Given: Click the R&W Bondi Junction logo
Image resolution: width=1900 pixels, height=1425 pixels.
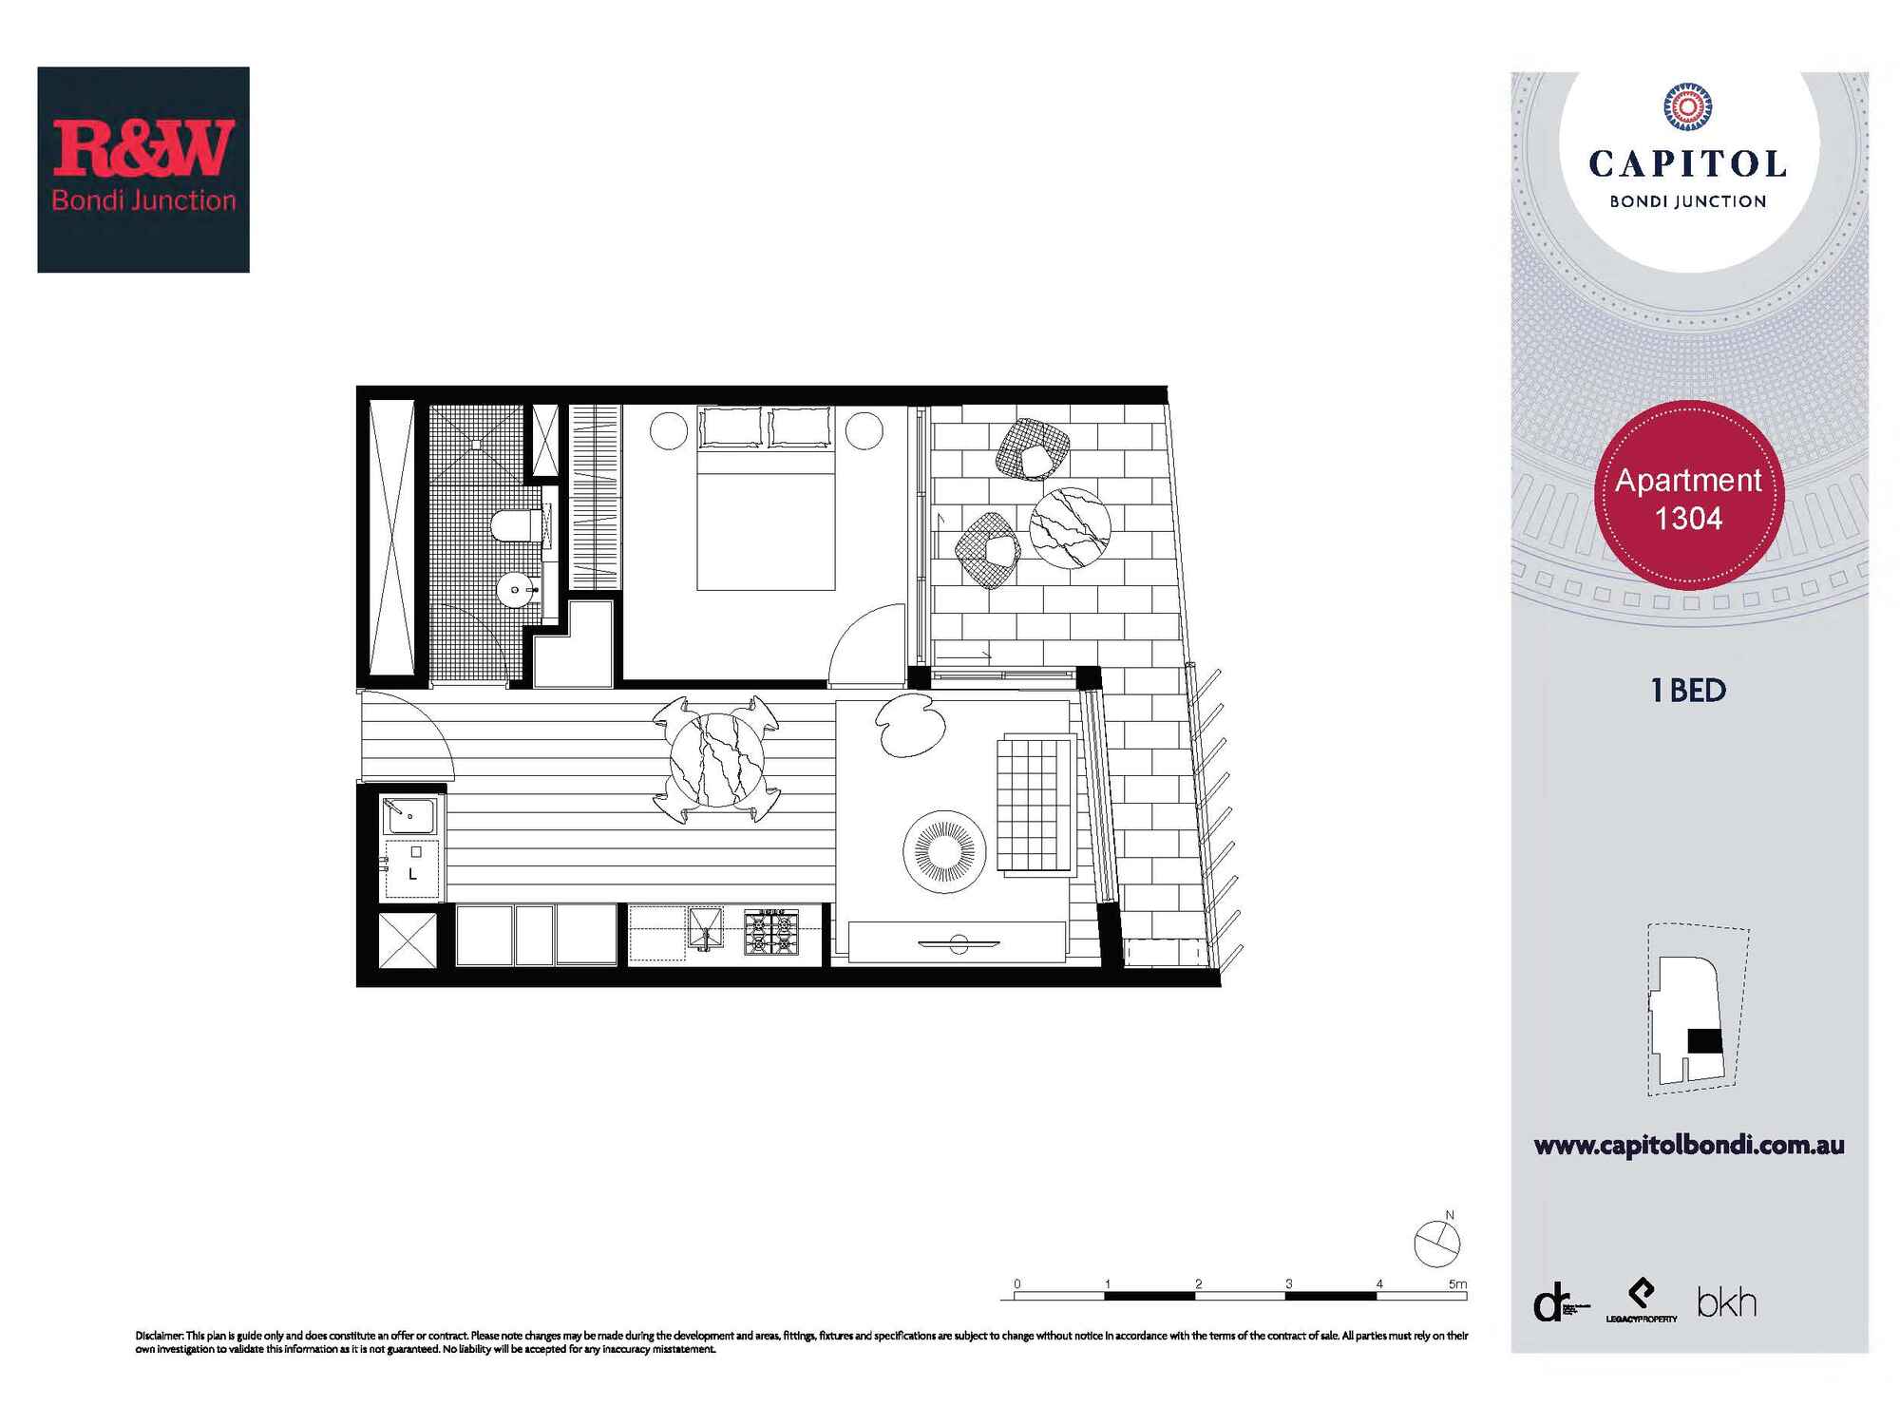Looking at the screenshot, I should (143, 169).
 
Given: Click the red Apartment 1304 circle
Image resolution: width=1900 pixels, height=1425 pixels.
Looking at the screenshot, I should (1688, 498).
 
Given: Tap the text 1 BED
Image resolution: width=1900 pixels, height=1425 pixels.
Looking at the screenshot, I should (1688, 691).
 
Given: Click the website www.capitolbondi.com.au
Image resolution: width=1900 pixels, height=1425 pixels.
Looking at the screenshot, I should (1688, 1146).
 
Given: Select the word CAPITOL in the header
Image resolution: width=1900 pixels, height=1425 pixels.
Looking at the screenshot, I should (1687, 164).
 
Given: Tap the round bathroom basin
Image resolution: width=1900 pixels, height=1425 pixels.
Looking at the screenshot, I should (515, 590).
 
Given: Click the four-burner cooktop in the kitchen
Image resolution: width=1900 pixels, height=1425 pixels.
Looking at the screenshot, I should (770, 932).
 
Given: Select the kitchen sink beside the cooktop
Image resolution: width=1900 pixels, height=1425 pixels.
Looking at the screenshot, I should (705, 928).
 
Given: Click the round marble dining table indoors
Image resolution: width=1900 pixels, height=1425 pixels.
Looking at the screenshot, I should (716, 760).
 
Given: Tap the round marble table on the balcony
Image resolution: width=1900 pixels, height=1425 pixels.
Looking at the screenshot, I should (1070, 527).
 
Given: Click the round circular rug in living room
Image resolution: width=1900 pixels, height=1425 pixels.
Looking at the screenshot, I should (944, 851).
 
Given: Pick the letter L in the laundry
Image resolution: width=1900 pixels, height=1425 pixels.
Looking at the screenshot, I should (412, 874).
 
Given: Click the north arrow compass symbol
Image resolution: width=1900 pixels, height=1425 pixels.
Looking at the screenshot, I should (1436, 1244).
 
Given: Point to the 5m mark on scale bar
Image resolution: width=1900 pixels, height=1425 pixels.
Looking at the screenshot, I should (1457, 1284).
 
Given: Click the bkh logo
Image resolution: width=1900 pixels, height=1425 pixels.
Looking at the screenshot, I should (1726, 1302).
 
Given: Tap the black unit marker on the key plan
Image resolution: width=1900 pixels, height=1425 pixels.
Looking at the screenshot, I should (1704, 1041).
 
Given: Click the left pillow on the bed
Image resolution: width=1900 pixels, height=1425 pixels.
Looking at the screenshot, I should (731, 427).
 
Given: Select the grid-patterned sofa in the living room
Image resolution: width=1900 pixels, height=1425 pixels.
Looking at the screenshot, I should (1034, 804).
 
